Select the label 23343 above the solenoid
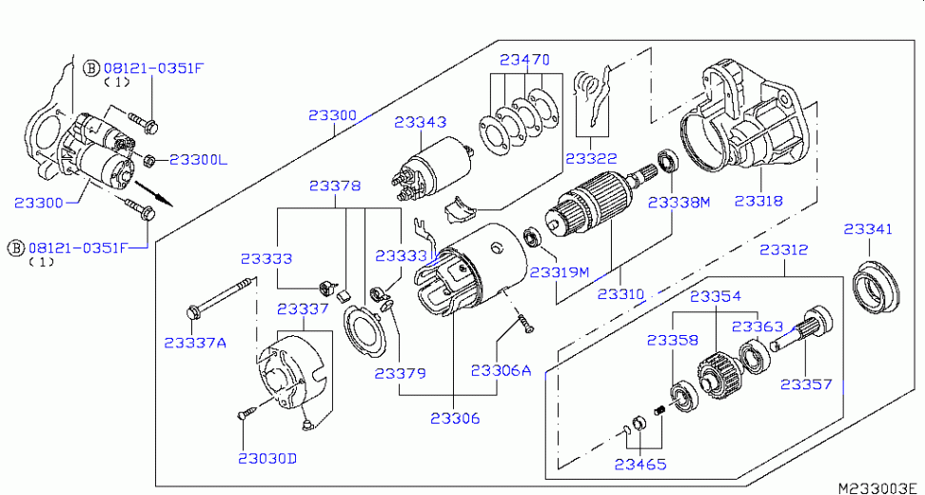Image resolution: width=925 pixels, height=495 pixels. [x=421, y=123]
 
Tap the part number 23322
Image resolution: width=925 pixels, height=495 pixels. [x=590, y=159]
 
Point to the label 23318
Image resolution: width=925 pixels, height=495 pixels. [x=758, y=202]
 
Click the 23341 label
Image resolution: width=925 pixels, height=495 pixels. [x=868, y=229]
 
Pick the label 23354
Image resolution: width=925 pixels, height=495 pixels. [x=716, y=297]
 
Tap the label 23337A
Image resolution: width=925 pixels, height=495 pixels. [x=194, y=342]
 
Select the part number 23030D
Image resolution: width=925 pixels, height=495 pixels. [x=267, y=458]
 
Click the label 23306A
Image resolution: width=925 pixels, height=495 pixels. [x=501, y=370]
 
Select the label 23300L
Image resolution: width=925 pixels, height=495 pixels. [x=198, y=159]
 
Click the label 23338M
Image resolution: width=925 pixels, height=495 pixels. [x=679, y=203]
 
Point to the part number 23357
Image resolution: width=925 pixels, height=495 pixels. [x=806, y=385]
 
